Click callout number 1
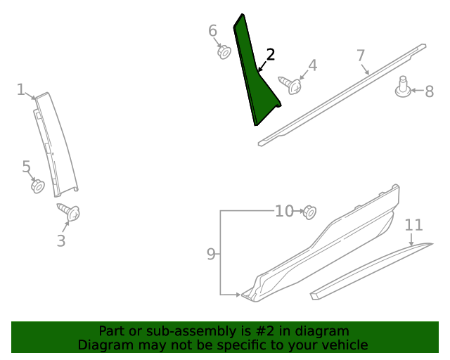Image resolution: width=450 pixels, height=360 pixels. [21, 90]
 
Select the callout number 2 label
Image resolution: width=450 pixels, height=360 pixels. [270, 56]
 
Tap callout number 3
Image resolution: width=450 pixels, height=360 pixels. [61, 240]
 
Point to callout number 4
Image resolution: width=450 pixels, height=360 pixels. [312, 65]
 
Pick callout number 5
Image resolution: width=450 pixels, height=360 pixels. [26, 167]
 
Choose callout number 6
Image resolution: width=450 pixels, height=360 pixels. [213, 31]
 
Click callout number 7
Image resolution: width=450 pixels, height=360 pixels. [361, 56]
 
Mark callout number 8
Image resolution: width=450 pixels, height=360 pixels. [429, 91]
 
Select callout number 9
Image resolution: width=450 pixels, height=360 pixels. [211, 255]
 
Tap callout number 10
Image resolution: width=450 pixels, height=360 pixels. [284, 211]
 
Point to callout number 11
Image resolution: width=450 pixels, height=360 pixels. [414, 225]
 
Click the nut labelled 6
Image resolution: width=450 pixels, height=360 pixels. [224, 51]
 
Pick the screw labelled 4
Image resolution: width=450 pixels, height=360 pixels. [290, 85]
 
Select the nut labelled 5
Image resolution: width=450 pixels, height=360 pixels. [38, 186]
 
